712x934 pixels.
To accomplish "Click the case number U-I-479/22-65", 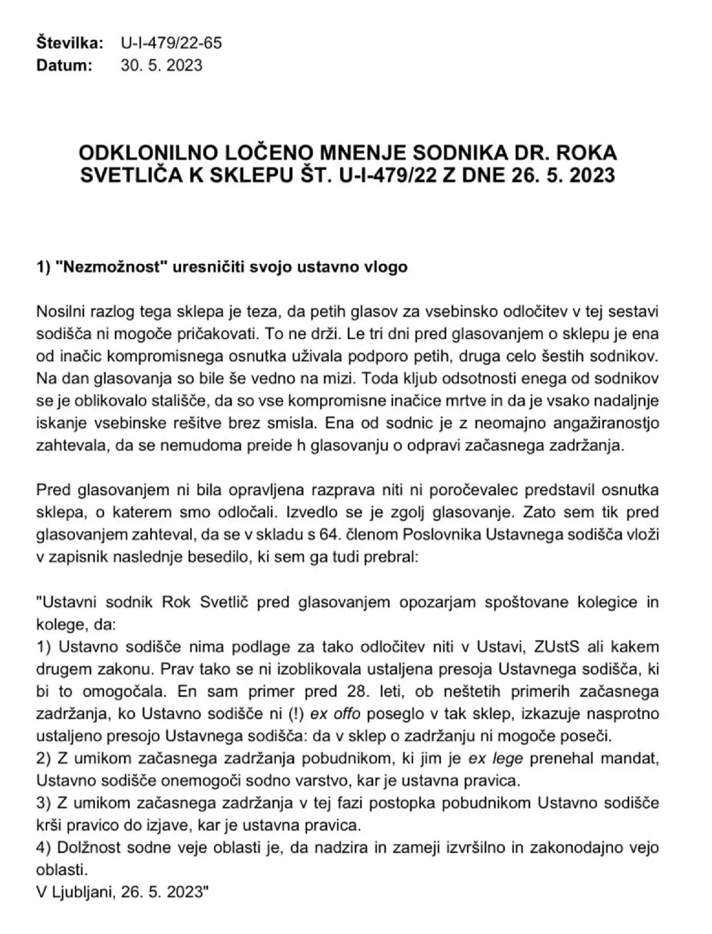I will [171, 43].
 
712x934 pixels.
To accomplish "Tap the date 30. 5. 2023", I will [161, 65].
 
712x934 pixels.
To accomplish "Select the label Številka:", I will [70, 43].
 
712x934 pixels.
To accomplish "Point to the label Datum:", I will [64, 65].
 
